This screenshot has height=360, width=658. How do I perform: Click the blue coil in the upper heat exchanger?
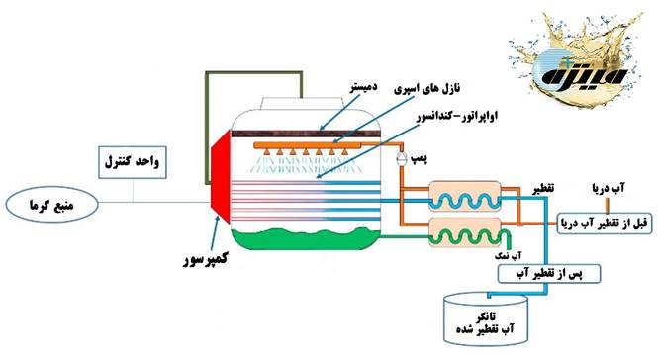point(472,198)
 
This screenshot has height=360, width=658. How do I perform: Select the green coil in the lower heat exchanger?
point(471,237)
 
